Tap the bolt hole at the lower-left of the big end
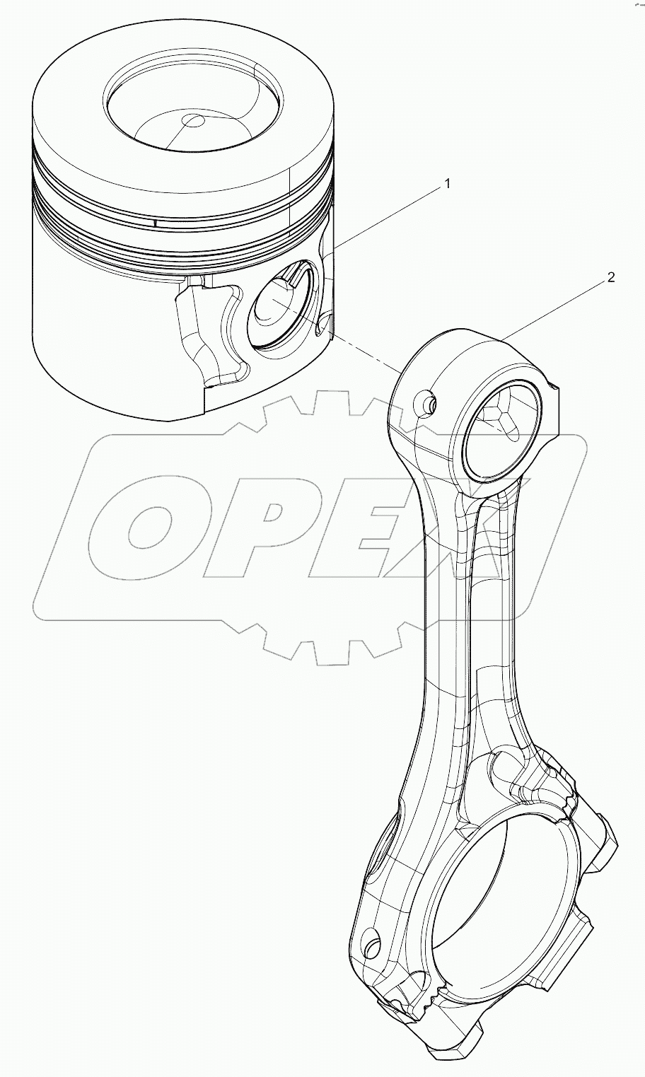(x=371, y=945)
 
